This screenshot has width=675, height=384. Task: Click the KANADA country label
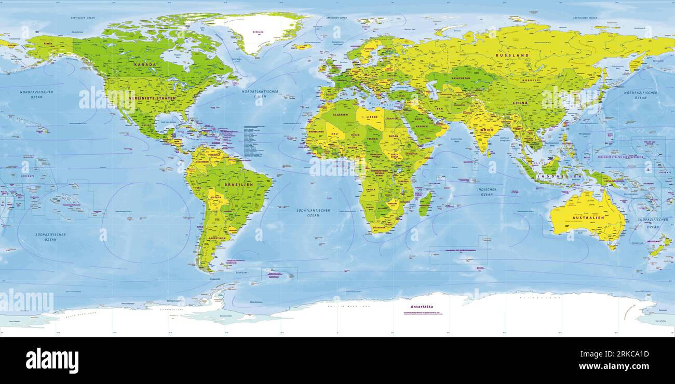145,64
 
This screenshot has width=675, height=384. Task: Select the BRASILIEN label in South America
238,184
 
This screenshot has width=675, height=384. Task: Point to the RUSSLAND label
512,55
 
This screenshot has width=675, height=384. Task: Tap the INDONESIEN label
559,176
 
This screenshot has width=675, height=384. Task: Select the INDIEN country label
486,130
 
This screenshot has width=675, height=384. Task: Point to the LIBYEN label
372,117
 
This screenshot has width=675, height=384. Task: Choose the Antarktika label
422,307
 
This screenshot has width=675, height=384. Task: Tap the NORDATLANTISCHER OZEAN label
260,94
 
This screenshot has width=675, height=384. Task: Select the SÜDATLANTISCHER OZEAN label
313,213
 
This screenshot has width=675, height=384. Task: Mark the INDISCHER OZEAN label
487,192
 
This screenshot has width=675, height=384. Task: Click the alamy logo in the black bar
52,361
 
